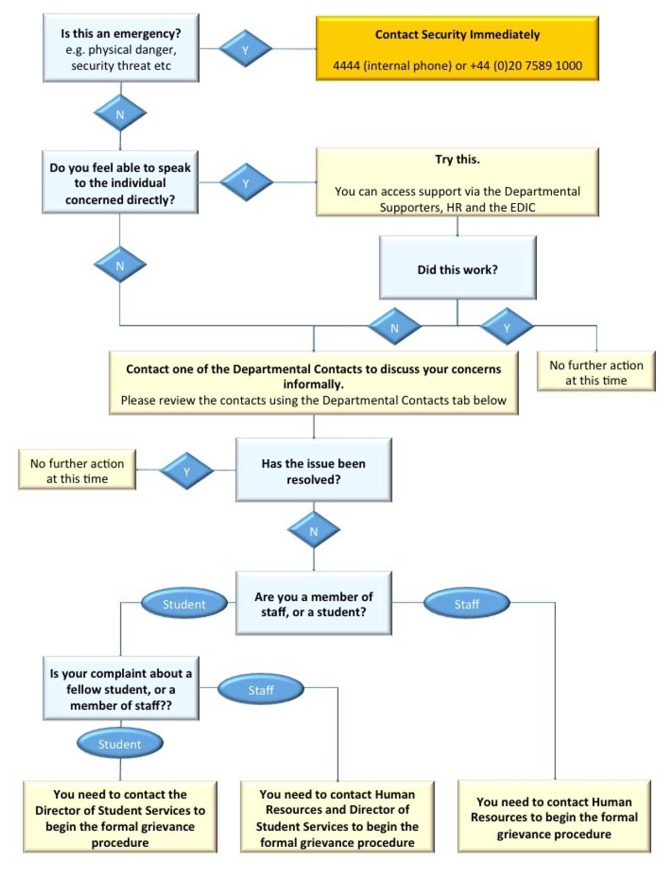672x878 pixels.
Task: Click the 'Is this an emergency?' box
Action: [120, 48]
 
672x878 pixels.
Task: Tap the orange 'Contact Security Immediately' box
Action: [457, 48]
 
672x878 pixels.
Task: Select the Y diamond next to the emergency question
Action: [245, 49]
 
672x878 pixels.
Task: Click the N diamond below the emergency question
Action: [120, 114]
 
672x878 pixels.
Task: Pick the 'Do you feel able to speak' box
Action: [120, 182]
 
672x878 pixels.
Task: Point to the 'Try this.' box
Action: [457, 182]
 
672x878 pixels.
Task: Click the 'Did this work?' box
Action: [457, 268]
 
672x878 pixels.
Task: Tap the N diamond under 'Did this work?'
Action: [394, 327]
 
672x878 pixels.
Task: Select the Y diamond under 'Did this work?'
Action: [506, 327]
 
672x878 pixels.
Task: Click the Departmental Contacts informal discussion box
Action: [313, 383]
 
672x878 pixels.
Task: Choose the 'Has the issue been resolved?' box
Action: [313, 470]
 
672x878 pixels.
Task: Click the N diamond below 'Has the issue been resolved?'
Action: [313, 530]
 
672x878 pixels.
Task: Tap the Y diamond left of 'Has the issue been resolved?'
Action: [186, 471]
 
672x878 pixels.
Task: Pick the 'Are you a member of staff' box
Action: [313, 603]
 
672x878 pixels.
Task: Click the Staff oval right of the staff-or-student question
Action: [466, 604]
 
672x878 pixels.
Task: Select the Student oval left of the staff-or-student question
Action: [184, 604]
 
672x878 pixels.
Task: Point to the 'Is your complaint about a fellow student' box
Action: [120, 688]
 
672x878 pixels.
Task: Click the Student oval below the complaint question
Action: [120, 743]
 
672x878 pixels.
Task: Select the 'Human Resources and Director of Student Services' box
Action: [337, 817]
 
